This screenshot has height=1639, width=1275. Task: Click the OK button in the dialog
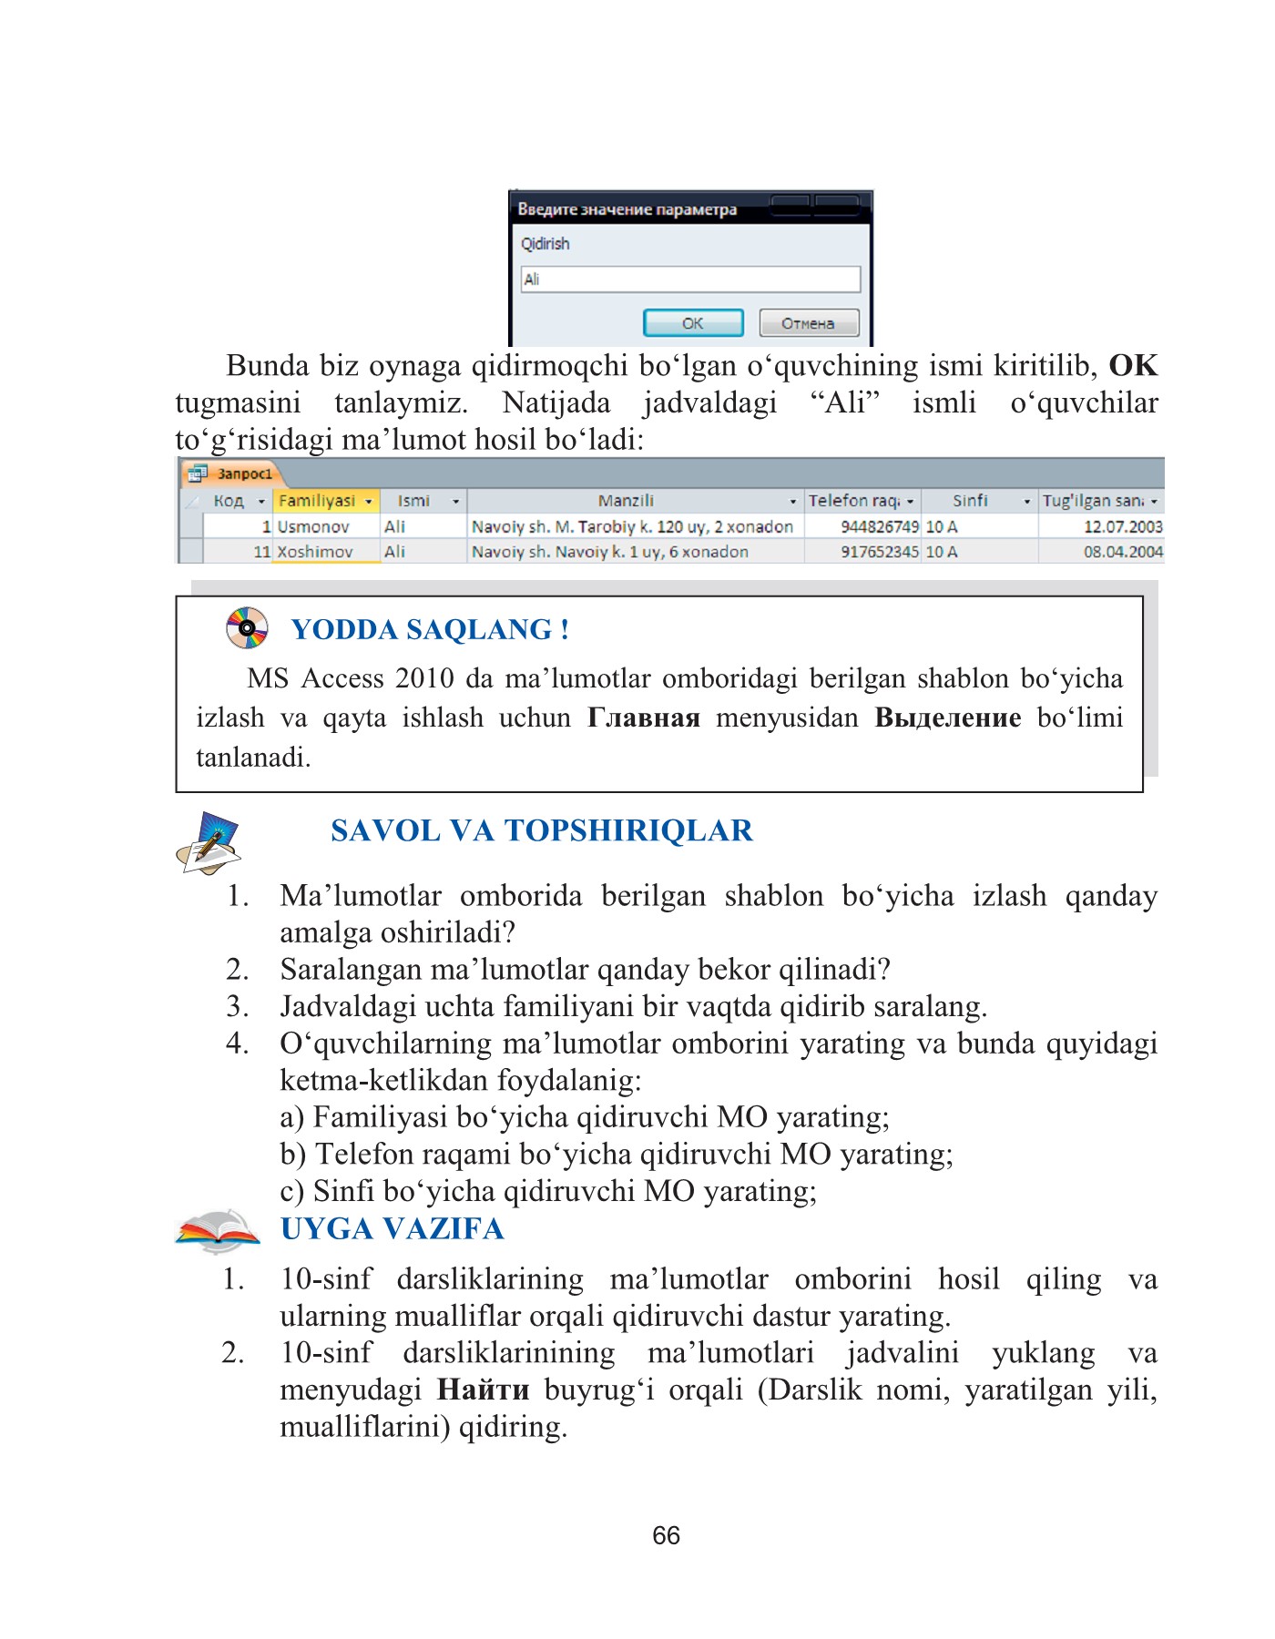[693, 323]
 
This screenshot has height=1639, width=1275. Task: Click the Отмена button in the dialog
[808, 323]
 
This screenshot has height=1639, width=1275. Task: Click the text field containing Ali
[689, 280]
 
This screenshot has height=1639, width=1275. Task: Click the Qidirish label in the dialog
[545, 244]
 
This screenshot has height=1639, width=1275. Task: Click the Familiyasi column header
[317, 501]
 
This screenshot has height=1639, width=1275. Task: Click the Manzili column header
[626, 501]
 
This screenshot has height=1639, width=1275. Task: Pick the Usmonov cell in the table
[313, 526]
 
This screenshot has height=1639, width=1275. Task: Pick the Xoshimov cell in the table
[315, 552]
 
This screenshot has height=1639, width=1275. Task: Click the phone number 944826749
[879, 526]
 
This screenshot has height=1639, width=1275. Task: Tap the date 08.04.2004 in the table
[1122, 552]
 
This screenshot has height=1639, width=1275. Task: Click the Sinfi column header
[970, 501]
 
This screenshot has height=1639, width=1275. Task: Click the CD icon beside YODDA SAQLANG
[247, 627]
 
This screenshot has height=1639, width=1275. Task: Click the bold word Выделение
[947, 718]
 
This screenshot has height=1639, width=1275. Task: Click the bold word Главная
[643, 718]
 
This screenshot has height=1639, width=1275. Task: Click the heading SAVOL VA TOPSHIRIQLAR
[541, 830]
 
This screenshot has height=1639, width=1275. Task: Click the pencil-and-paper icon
[209, 842]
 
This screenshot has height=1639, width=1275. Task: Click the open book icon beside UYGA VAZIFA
[217, 1230]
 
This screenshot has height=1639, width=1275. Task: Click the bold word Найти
[483, 1390]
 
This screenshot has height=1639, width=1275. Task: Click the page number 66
[666, 1535]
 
